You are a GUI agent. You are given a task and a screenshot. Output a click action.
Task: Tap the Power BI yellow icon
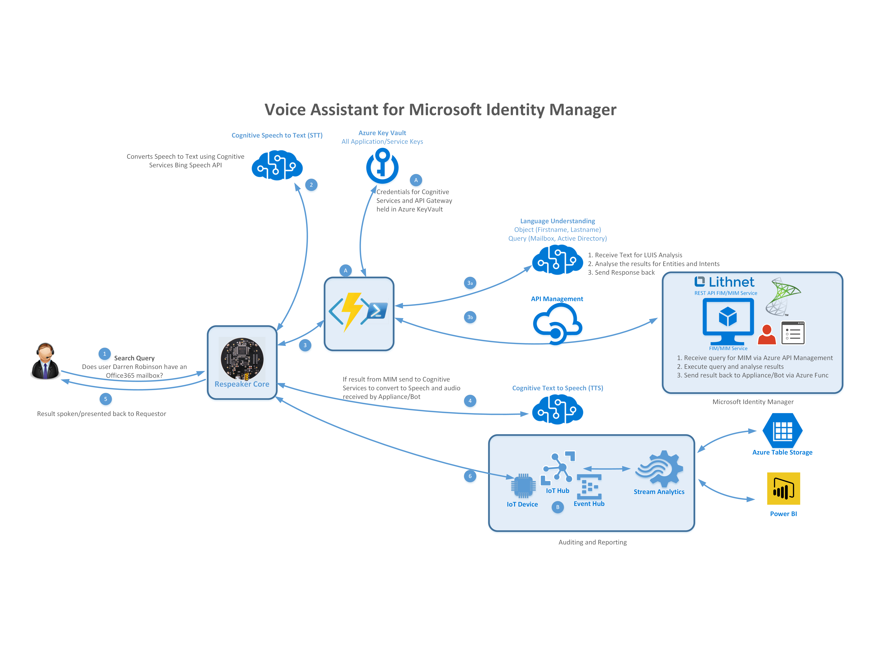coord(783,489)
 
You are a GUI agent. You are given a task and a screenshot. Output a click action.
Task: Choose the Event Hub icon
coord(589,487)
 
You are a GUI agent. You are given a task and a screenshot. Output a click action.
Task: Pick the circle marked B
coord(558,507)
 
